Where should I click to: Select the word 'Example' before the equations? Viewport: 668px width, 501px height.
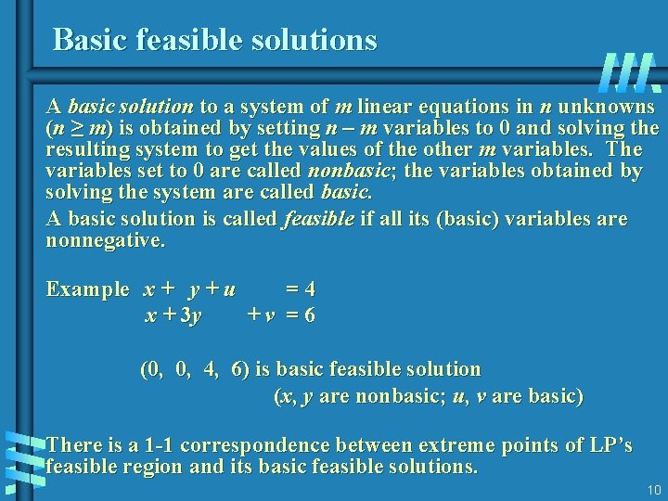click(88, 289)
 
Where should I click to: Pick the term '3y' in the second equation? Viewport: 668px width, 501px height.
click(190, 315)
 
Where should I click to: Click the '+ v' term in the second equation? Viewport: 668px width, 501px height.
click(261, 315)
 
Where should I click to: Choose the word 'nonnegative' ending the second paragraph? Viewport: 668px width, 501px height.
click(104, 241)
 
